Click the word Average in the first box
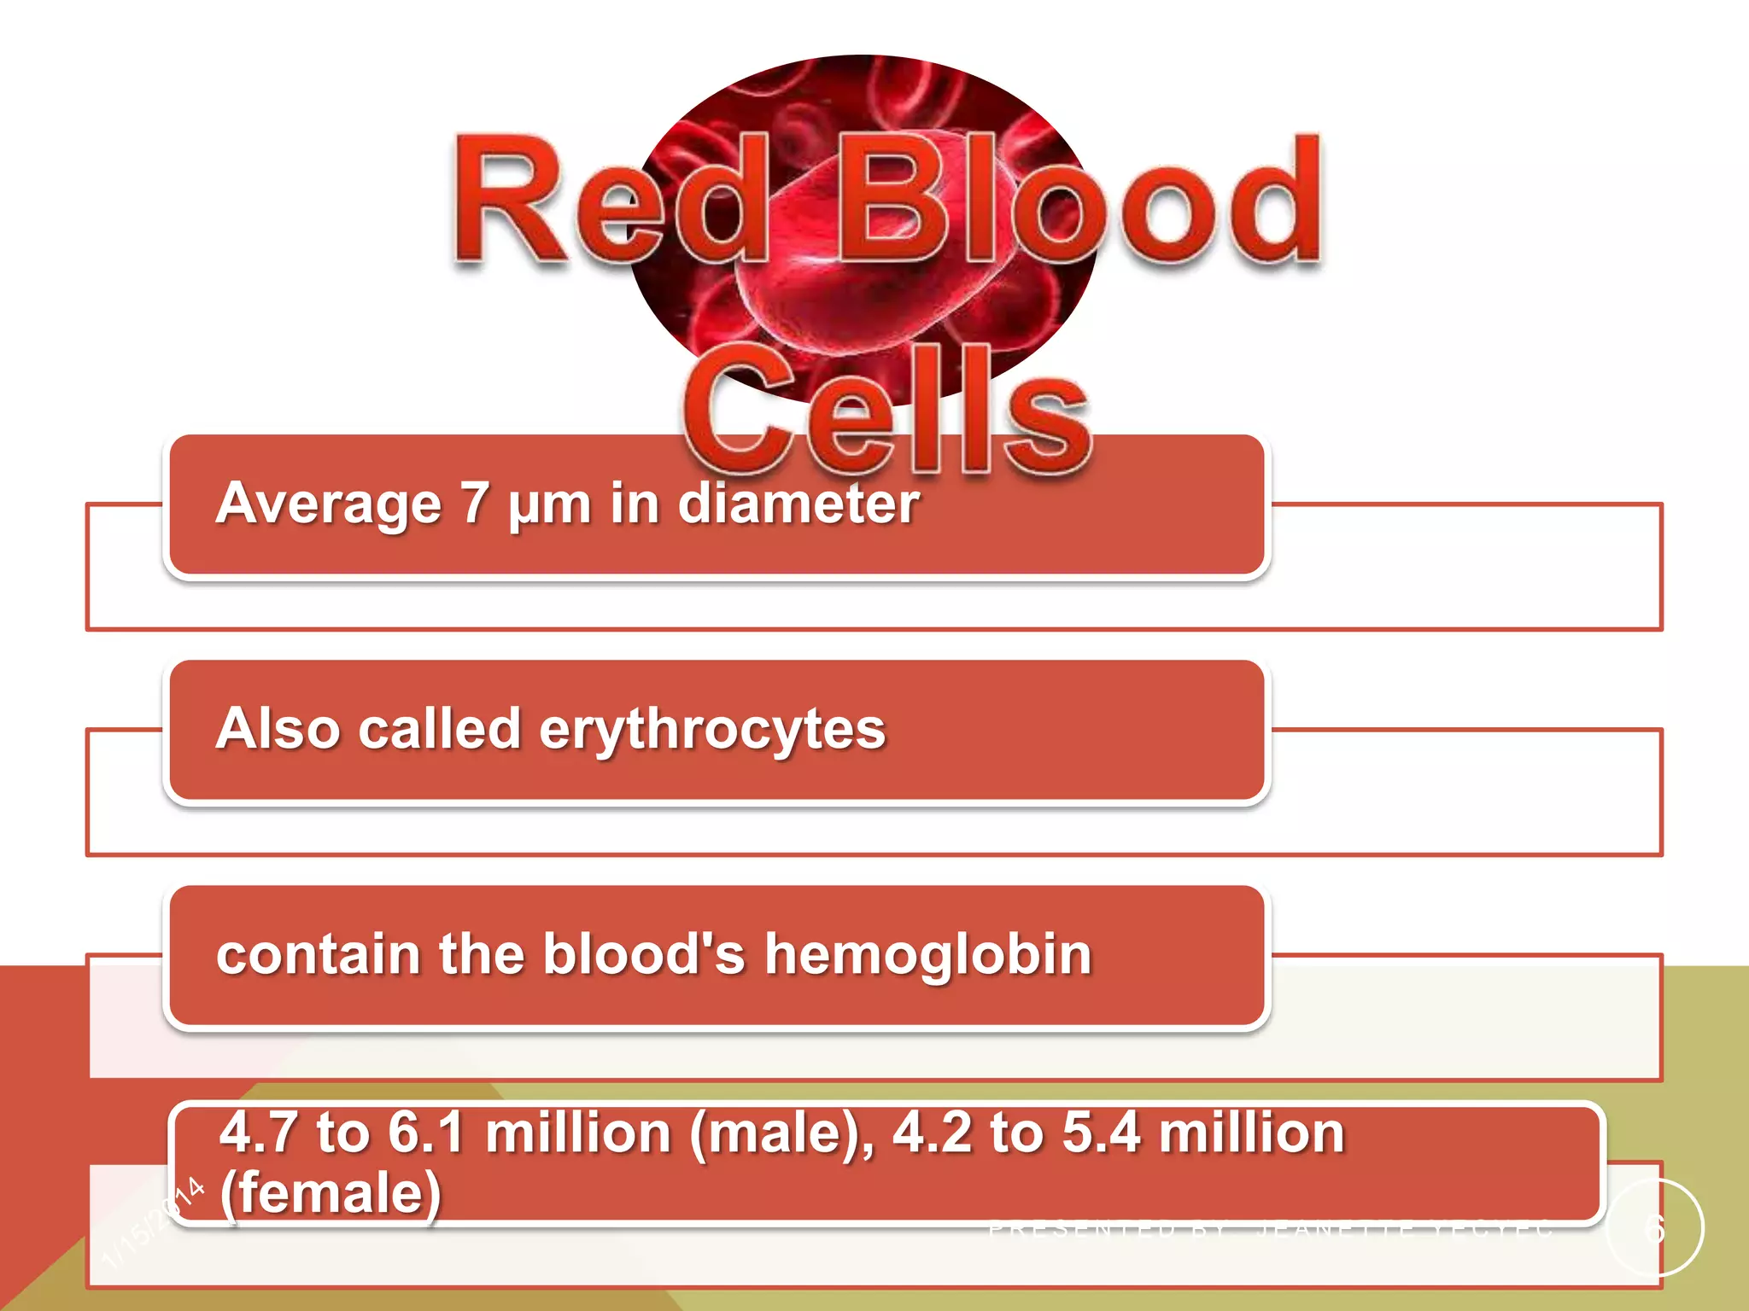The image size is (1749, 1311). pos(329,504)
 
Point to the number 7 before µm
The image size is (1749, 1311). pos(474,504)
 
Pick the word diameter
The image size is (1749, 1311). pos(798,504)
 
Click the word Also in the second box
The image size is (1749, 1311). pos(278,729)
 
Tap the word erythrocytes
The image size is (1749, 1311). pos(713,731)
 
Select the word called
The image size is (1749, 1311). pos(440,729)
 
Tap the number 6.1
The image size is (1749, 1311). pos(426,1133)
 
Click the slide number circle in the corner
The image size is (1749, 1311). pos(1655,1227)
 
